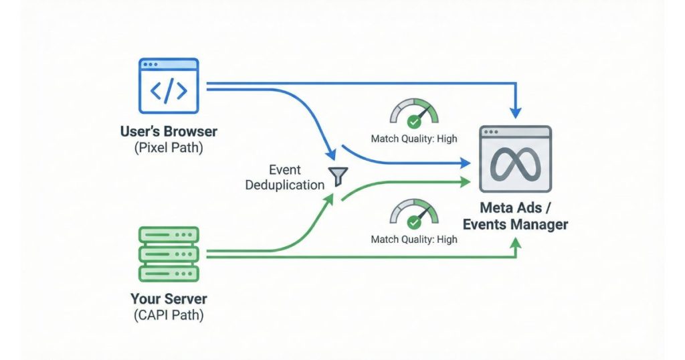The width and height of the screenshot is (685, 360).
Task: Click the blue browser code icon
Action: coord(169,85)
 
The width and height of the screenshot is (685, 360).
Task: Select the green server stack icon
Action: coord(169,254)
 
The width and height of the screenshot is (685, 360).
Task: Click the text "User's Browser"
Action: coord(169,132)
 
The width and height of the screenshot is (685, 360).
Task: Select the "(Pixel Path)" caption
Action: coord(169,147)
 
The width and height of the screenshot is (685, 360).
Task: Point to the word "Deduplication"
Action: coord(285,185)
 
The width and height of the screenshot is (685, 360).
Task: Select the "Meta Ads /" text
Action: coord(515,207)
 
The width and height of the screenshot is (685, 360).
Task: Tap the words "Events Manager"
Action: coord(515,224)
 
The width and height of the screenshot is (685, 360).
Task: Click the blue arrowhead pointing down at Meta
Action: coord(515,108)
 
